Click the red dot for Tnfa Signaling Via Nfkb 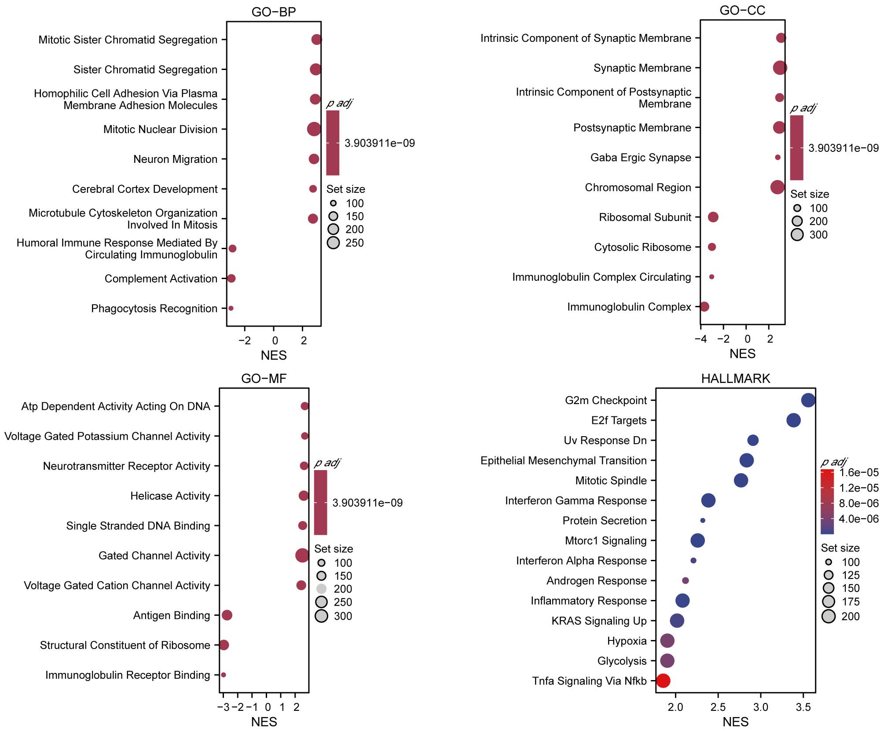click(663, 681)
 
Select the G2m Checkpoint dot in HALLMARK click(808, 400)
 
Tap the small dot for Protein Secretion click(703, 520)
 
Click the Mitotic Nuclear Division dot click(314, 129)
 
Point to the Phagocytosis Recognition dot click(231, 308)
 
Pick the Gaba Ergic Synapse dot click(777, 157)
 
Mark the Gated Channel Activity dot click(302, 555)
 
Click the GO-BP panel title click(274, 12)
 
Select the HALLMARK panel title click(735, 379)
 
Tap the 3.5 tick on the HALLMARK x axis click(803, 707)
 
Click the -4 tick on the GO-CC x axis click(700, 339)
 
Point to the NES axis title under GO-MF click(264, 722)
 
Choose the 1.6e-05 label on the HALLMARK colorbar click(859, 472)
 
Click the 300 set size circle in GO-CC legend click(797, 234)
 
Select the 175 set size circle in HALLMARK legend click(829, 601)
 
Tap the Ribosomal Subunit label click(645, 217)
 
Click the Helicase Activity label click(170, 496)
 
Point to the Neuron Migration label click(175, 159)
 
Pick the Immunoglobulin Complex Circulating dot click(711, 277)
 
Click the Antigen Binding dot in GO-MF click(227, 615)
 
